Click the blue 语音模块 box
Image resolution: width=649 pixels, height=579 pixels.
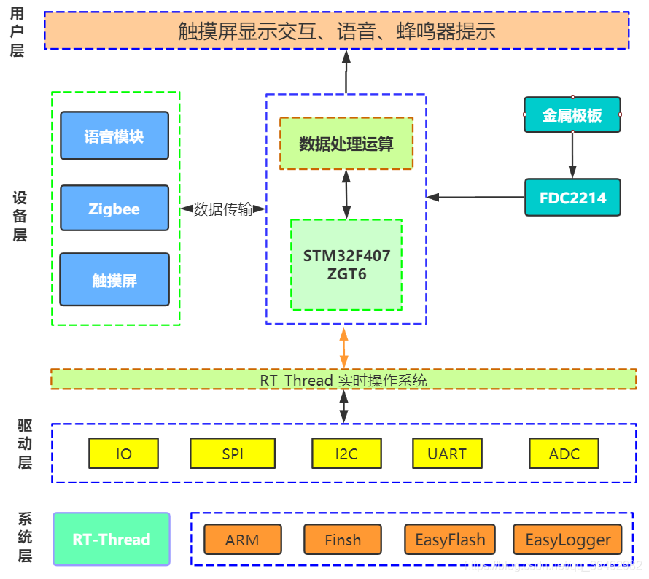[x=114, y=136]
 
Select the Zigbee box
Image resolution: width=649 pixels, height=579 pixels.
[x=114, y=209]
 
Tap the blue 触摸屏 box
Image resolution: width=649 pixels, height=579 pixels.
[x=114, y=280]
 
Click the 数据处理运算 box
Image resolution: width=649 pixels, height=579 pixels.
[x=346, y=144]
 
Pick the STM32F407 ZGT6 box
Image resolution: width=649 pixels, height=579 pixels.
[x=346, y=265]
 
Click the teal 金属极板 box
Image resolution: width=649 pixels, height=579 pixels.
[x=572, y=115]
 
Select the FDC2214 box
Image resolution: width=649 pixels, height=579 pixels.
[x=572, y=198]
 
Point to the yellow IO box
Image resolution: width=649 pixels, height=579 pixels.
[x=124, y=453]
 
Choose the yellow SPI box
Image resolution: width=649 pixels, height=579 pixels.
[x=233, y=453]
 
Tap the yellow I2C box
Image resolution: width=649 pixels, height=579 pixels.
[x=346, y=453]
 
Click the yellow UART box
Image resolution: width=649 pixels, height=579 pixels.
[x=447, y=453]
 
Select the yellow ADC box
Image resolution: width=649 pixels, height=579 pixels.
[x=564, y=453]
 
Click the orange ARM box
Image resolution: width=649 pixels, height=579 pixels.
[x=242, y=540]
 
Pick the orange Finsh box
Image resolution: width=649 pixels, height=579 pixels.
[x=343, y=540]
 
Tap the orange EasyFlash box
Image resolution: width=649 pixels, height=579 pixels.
[x=450, y=540]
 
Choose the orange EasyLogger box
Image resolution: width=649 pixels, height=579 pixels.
[x=568, y=540]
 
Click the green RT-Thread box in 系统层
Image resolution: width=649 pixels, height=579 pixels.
[x=112, y=540]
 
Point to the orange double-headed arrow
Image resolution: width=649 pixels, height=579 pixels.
[x=343, y=347]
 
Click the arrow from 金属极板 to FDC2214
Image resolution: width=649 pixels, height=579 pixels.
[x=572, y=155]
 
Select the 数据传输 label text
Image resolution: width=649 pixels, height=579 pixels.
[x=223, y=209]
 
